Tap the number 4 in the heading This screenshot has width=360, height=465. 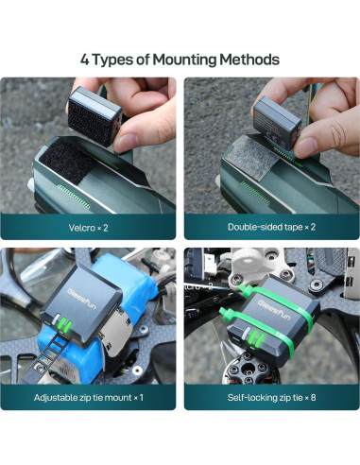click(x=85, y=60)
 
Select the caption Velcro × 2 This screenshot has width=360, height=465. click(x=88, y=228)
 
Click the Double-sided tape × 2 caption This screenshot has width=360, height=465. click(x=271, y=227)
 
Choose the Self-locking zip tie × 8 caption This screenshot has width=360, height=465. click(x=271, y=398)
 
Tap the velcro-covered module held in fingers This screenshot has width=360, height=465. click(x=94, y=115)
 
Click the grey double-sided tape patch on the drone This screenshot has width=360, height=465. click(x=251, y=157)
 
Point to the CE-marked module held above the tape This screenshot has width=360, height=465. click(x=277, y=123)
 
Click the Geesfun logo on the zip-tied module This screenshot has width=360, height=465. click(x=274, y=310)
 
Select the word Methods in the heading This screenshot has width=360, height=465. click(x=249, y=60)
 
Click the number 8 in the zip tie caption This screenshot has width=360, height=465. click(x=313, y=398)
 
